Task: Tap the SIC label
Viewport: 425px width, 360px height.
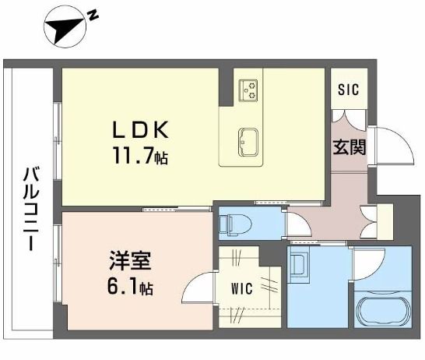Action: pyautogui.click(x=348, y=89)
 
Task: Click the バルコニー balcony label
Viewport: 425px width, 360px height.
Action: pyautogui.click(x=30, y=207)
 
